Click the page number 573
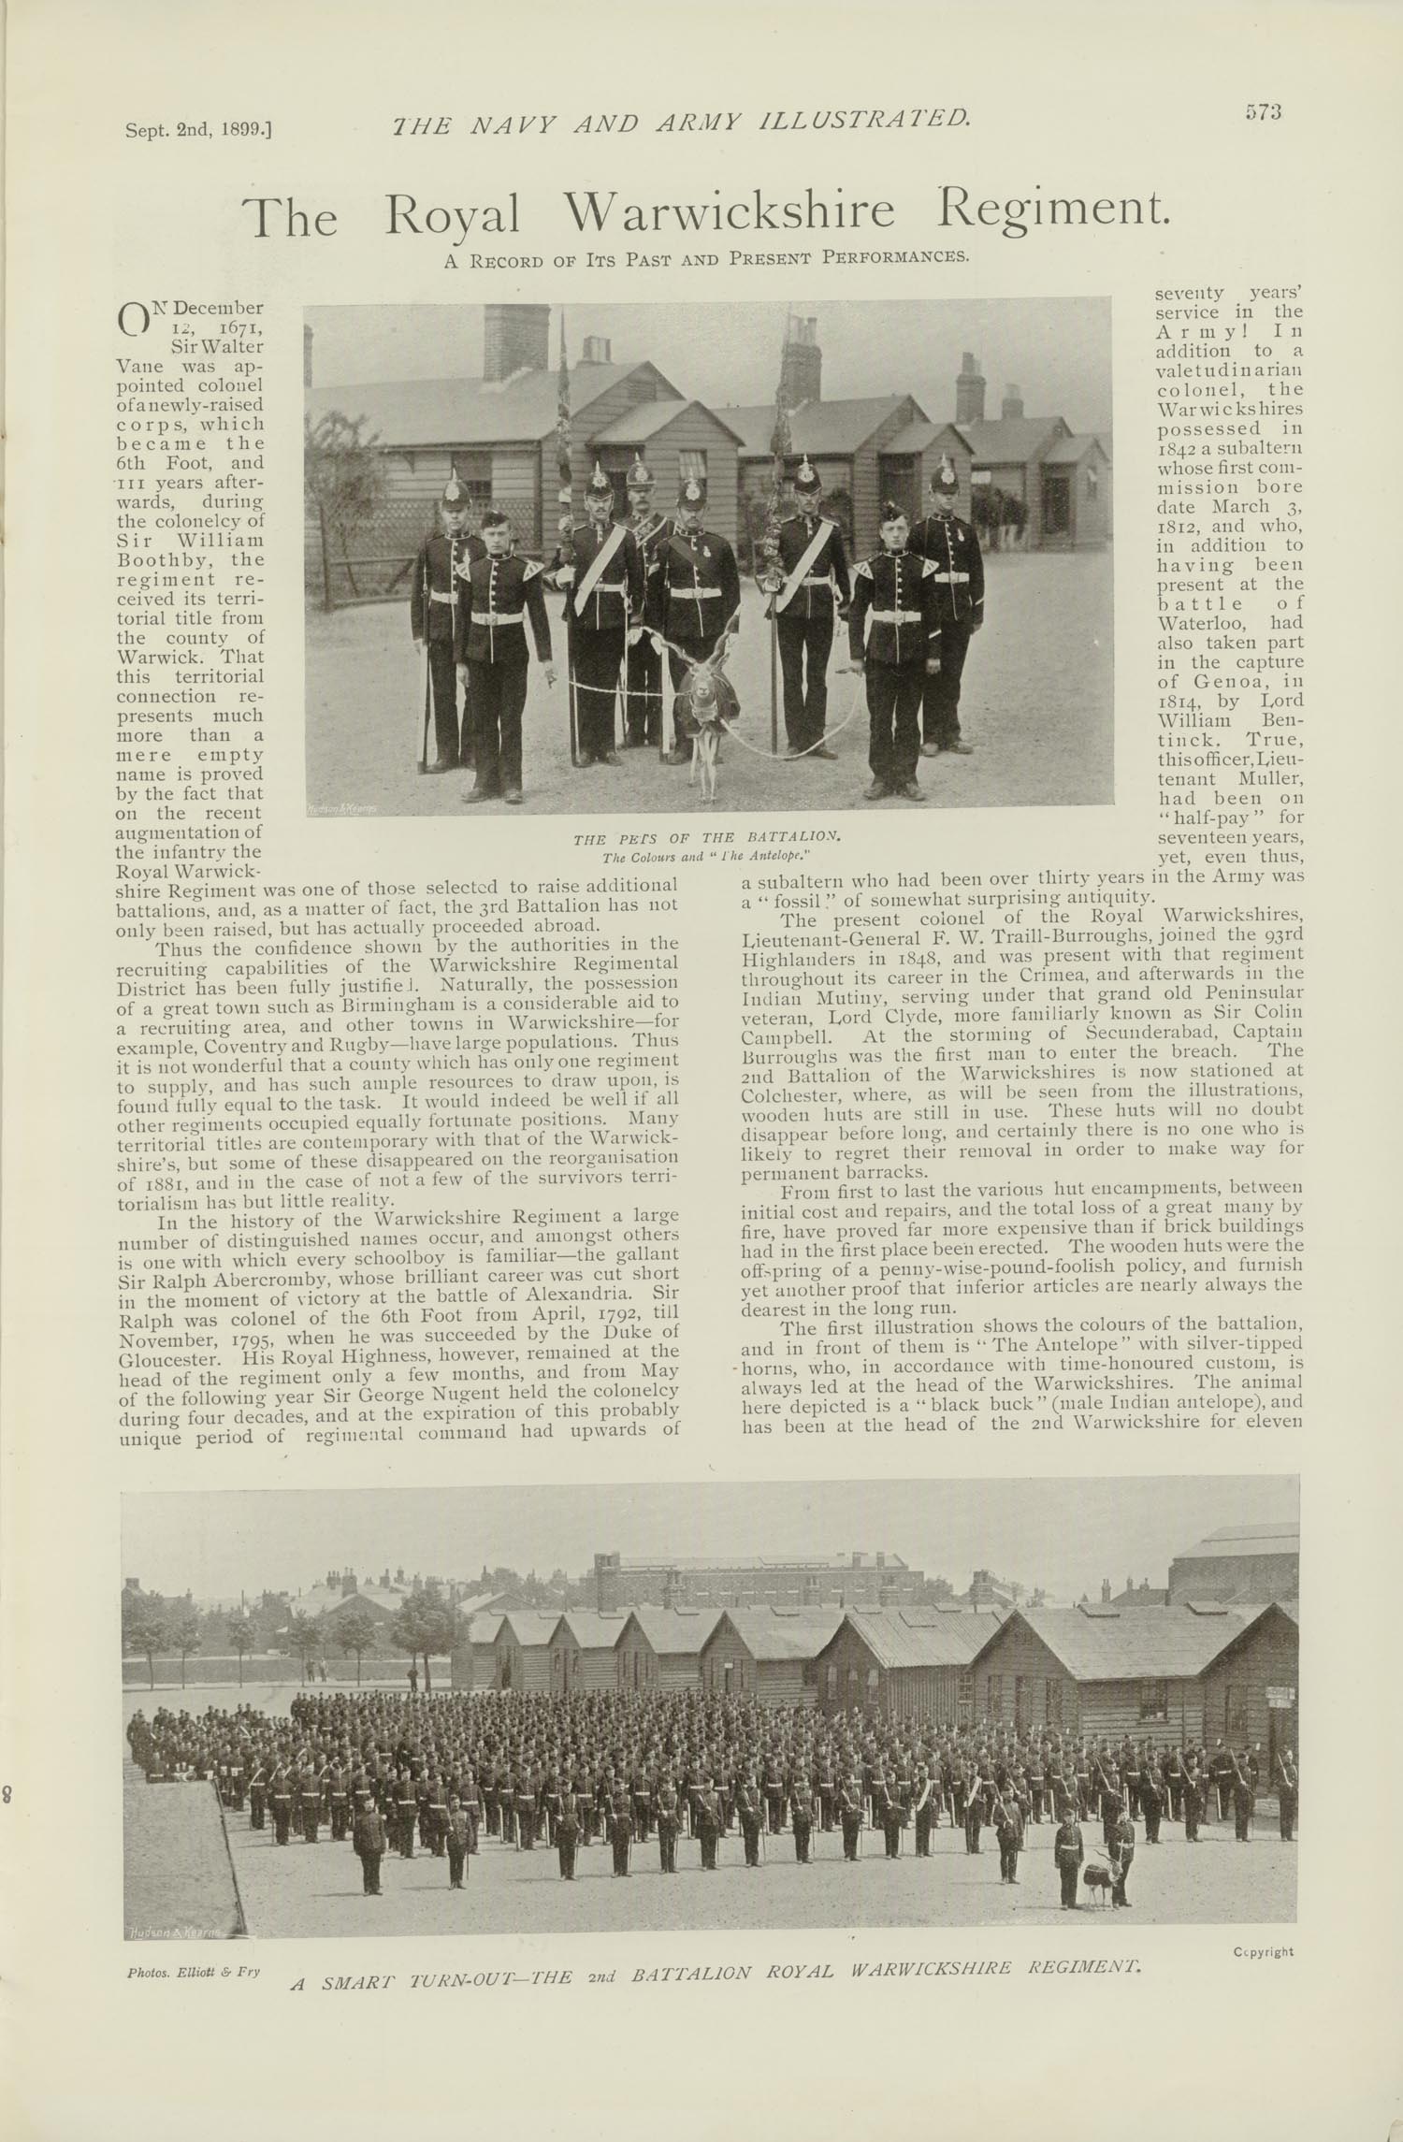[1262, 111]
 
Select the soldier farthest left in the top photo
[448, 617]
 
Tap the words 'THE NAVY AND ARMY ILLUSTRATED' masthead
[680, 121]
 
